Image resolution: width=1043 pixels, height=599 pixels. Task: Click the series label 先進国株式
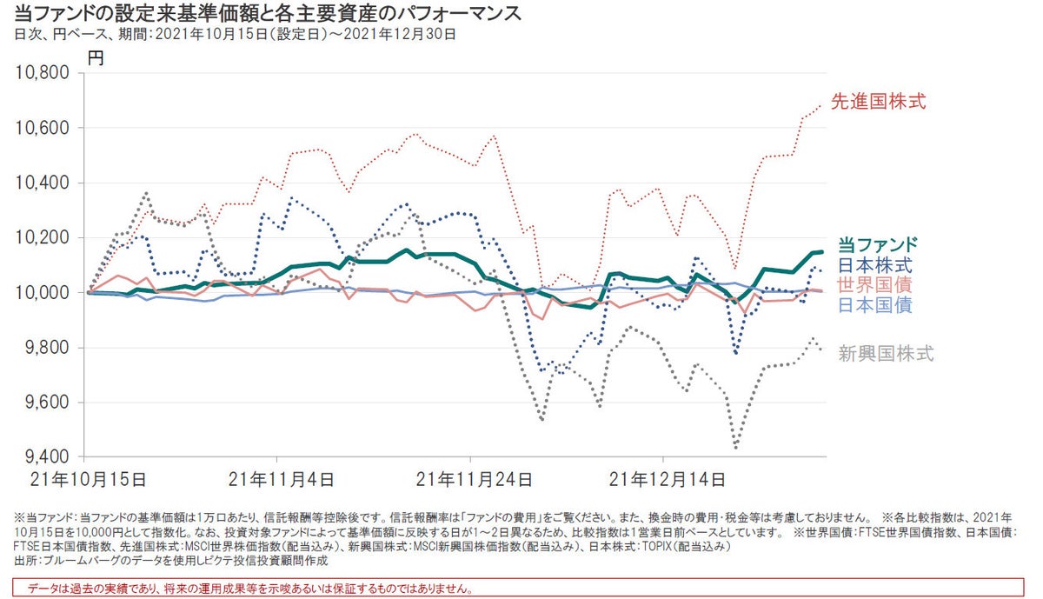(x=878, y=102)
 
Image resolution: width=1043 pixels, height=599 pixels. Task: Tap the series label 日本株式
(x=876, y=266)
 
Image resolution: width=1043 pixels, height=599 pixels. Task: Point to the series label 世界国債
(x=876, y=285)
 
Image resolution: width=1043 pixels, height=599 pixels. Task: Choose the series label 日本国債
(x=876, y=304)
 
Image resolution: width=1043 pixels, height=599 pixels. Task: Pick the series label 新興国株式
(x=886, y=353)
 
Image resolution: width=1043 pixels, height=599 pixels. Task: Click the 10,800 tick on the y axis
(x=43, y=73)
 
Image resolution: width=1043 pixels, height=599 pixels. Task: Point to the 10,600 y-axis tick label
(x=43, y=128)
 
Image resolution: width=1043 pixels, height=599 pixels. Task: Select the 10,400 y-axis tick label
(x=43, y=183)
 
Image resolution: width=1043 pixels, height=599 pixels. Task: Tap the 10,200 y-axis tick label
(x=43, y=238)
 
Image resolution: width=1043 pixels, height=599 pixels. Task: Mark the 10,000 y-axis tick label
(x=43, y=293)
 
